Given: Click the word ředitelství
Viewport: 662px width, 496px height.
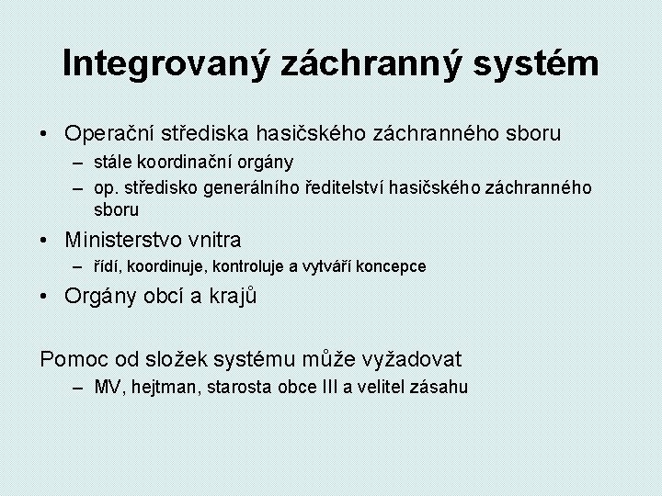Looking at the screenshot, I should point(347,187).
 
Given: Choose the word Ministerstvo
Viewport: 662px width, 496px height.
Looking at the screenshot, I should point(124,241).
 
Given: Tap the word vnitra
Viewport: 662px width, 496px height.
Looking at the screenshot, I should point(213,241).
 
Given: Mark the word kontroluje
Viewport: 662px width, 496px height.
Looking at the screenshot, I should point(246,267).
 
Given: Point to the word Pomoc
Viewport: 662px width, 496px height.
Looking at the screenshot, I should point(67,359).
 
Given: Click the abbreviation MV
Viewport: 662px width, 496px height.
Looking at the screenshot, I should point(106,387).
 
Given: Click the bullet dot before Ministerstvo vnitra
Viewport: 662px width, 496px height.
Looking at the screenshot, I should point(46,241).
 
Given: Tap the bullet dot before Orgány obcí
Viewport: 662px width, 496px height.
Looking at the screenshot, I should point(46,297).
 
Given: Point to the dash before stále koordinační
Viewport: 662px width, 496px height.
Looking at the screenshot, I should point(81,163).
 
